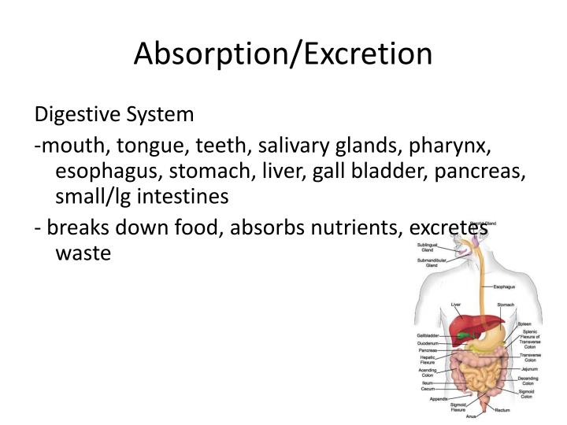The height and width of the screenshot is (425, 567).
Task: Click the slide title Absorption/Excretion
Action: click(x=283, y=53)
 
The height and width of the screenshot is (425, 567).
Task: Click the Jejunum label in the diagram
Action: click(x=528, y=368)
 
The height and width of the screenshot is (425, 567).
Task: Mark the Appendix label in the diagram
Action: click(x=439, y=399)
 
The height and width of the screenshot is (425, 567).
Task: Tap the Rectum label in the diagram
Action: click(x=502, y=409)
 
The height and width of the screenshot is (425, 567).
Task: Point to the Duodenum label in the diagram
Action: click(x=428, y=343)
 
